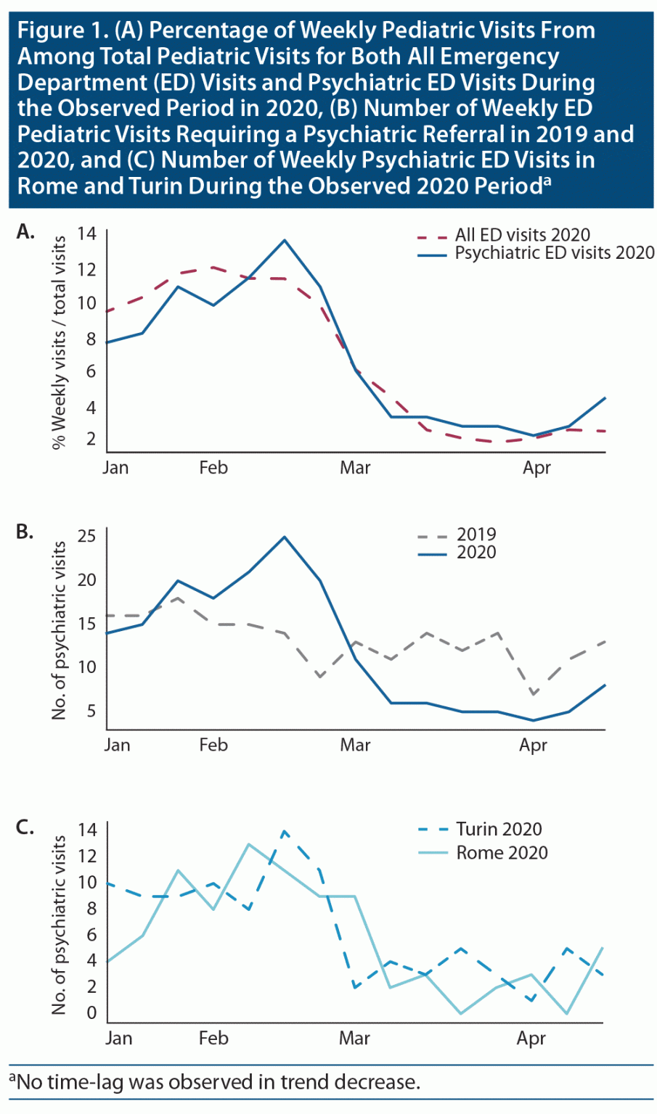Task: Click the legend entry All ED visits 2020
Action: point(522,235)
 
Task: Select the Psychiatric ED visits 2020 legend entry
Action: point(554,253)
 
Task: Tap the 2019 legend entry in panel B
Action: point(476,535)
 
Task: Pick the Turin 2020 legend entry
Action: point(499,829)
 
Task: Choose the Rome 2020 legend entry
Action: point(502,852)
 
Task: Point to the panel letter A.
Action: point(25,232)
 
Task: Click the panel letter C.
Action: point(25,827)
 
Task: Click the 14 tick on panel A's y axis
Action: point(86,234)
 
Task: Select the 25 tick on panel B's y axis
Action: point(86,537)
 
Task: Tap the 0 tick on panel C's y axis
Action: point(91,1013)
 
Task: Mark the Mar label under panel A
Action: point(355,468)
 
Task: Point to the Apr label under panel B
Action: point(533,746)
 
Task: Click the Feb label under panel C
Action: point(213,1039)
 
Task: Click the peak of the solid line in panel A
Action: point(285,240)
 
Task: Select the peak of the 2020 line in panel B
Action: point(285,537)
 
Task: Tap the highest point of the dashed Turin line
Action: point(284,831)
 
